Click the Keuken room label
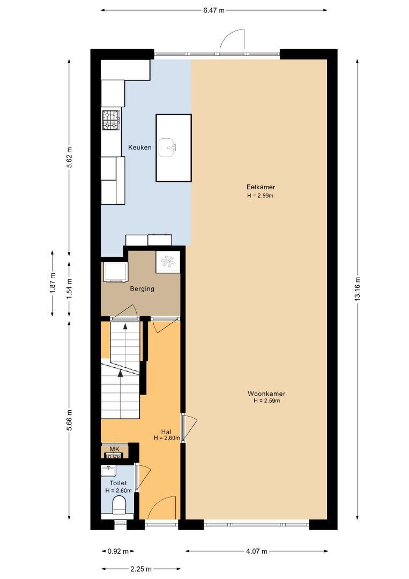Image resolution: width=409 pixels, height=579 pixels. click(x=139, y=147)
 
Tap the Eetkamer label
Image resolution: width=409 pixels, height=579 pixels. click(x=261, y=187)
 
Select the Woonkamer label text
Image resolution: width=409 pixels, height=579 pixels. click(x=266, y=394)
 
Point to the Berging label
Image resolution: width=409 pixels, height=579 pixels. click(x=142, y=289)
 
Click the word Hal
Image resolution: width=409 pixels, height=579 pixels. click(x=166, y=432)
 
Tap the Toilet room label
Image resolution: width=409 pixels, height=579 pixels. click(x=118, y=483)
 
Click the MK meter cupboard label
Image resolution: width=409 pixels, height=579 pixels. click(x=115, y=449)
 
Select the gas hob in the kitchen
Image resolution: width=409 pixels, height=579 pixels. click(x=111, y=120)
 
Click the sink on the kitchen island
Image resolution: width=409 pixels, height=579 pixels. click(x=167, y=148)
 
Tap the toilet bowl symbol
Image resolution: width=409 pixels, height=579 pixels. click(x=119, y=505)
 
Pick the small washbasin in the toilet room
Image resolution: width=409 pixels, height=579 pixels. click(x=108, y=471)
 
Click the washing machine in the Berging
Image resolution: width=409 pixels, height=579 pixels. click(x=115, y=272)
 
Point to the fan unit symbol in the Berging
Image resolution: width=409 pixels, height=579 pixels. click(x=168, y=262)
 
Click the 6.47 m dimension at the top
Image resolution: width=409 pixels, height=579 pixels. click(x=214, y=10)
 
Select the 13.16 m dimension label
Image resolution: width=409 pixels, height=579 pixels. click(x=358, y=289)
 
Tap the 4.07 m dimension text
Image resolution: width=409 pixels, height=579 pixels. click(x=257, y=551)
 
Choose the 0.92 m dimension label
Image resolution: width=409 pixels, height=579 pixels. click(x=118, y=551)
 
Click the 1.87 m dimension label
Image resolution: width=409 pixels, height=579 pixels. click(x=53, y=283)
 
